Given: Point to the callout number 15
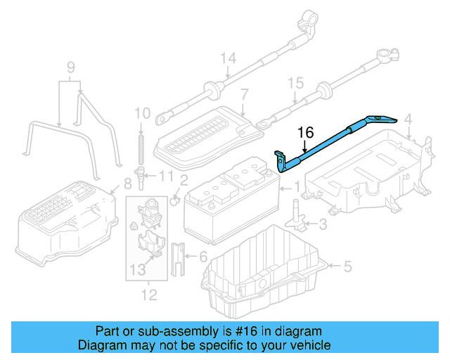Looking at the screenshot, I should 295,83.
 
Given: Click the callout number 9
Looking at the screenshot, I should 70,67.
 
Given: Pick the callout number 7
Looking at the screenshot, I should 244,94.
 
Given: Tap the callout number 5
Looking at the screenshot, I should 347,266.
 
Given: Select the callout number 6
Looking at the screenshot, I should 202,257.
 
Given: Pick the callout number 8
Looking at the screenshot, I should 127,184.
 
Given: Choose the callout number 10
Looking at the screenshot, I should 142,112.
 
